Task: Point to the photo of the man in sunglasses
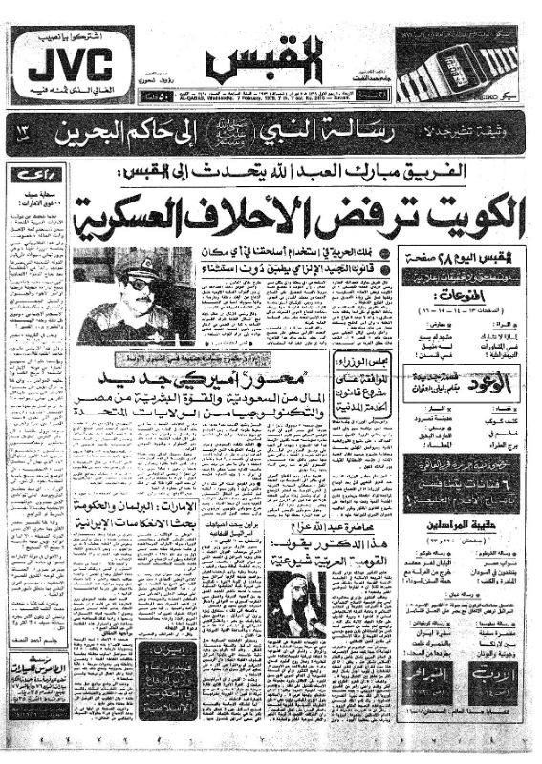pos(134,297)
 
